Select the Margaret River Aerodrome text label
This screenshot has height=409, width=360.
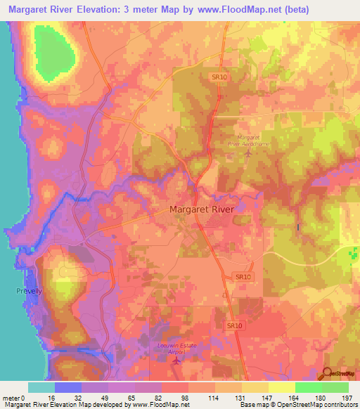[x=254, y=140]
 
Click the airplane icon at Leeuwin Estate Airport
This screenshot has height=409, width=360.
[x=176, y=360]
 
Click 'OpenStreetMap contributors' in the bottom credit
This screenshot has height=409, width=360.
[x=321, y=404]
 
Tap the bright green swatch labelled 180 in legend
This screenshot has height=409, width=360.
[x=309, y=387]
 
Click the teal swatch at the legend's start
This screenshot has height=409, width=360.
[x=41, y=387]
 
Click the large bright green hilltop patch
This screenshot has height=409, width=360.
[x=55, y=54]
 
